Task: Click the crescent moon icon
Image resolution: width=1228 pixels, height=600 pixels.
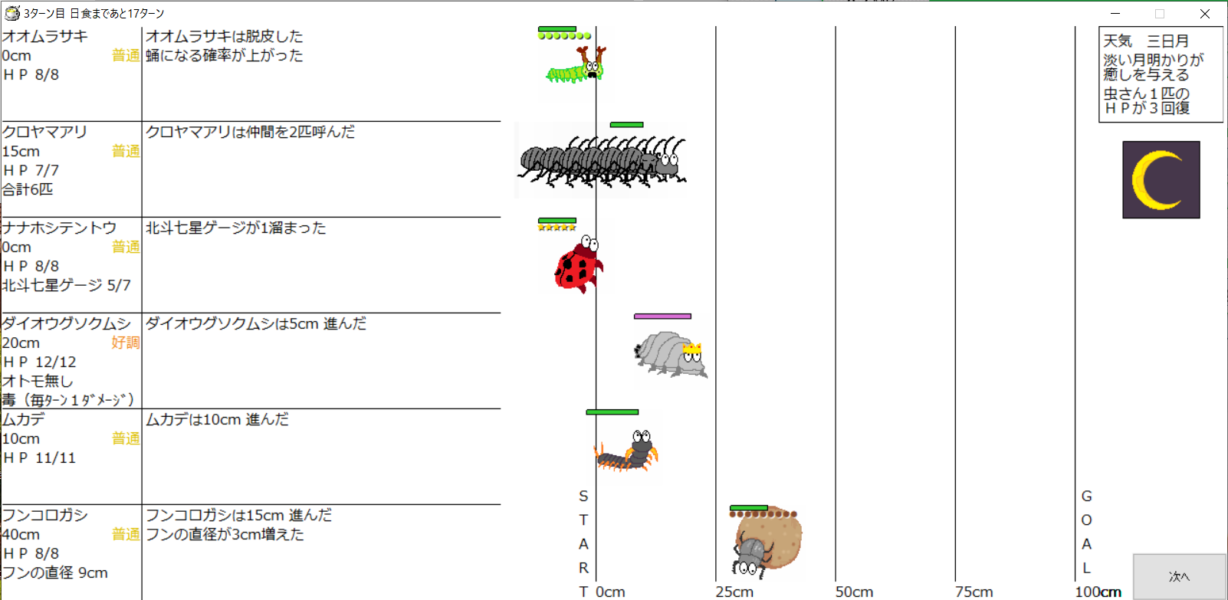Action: (x=1161, y=180)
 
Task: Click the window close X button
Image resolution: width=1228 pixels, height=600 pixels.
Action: (x=1204, y=14)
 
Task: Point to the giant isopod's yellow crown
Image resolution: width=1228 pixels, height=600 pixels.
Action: (x=692, y=349)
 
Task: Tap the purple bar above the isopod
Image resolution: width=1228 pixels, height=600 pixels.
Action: (x=662, y=316)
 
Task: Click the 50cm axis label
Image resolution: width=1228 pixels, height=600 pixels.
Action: (x=854, y=592)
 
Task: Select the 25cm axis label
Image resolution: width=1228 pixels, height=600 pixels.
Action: (x=734, y=592)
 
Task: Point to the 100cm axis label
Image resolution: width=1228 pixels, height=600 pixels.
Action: (x=1098, y=592)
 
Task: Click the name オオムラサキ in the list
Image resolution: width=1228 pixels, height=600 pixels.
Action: (x=44, y=36)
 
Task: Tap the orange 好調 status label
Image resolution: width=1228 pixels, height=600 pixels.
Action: (x=125, y=343)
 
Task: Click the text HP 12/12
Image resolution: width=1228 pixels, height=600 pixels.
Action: (x=40, y=362)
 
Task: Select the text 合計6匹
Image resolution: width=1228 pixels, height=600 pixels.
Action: (x=28, y=189)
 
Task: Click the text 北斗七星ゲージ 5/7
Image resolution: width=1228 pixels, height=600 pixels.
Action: (x=66, y=285)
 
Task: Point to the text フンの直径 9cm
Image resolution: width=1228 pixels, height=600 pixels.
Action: (x=54, y=572)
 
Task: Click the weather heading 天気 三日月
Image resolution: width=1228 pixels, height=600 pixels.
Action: (x=1146, y=41)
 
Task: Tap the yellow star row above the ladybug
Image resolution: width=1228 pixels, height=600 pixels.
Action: (x=557, y=227)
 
